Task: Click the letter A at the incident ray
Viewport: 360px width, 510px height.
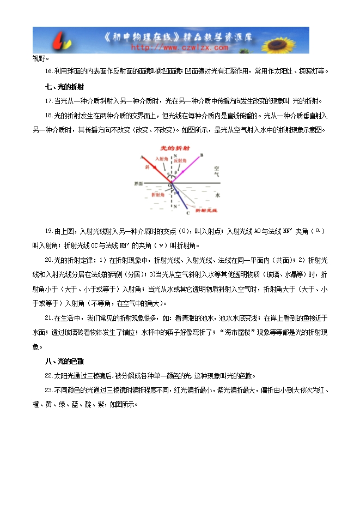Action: click(142, 157)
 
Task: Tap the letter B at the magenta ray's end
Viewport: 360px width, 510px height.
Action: click(202, 155)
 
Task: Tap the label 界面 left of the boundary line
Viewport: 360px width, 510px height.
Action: click(137, 183)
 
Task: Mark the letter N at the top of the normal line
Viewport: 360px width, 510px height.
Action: click(174, 155)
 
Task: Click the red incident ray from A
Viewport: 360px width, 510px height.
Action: click(155, 169)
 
